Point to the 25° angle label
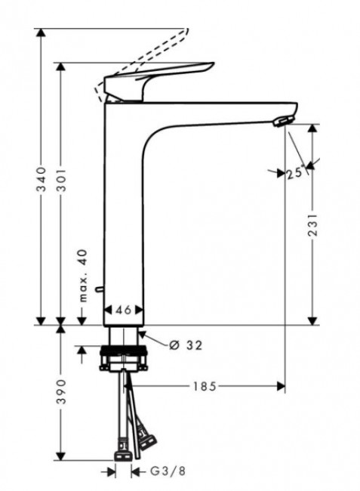point(295,174)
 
